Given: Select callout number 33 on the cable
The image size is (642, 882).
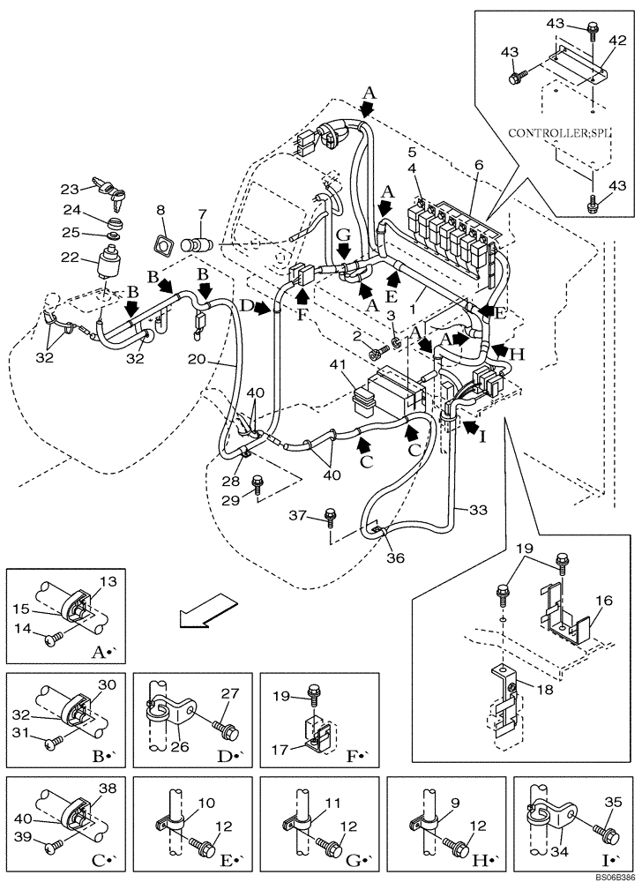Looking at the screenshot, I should point(477,510).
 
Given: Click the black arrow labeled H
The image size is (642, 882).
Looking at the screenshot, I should point(500,353).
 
